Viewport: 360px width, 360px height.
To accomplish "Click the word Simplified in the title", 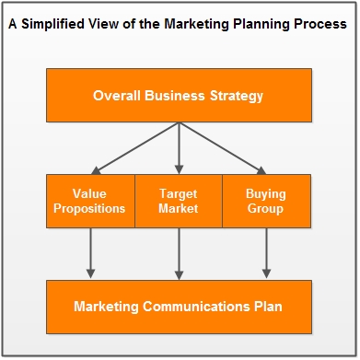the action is [x=52, y=24].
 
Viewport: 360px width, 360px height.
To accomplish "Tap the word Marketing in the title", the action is [x=197, y=24].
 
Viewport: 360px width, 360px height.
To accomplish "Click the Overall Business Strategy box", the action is [x=179, y=95].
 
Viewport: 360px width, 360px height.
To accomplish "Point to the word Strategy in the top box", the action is [x=237, y=96].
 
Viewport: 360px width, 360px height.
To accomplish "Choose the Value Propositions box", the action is [x=90, y=201].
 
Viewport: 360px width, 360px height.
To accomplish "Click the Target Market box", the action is [x=179, y=201].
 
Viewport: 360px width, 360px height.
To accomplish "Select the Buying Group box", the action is [x=266, y=201].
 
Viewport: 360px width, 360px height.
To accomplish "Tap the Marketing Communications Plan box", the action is [x=179, y=307].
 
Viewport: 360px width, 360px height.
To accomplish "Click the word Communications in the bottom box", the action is [x=196, y=307].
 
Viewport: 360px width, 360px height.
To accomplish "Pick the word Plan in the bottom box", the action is [x=268, y=307].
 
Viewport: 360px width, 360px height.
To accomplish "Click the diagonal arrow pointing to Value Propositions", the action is [x=135, y=148].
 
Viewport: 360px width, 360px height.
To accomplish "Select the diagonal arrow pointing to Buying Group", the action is [x=223, y=148].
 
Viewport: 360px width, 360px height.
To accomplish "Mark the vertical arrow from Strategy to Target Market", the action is [x=179, y=148].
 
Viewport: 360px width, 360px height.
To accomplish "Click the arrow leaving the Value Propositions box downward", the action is [x=90, y=253].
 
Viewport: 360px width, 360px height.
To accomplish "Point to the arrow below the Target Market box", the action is [x=179, y=254].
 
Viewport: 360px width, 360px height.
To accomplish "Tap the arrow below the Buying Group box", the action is [x=266, y=253].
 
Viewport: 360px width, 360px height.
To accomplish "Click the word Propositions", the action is [x=89, y=209].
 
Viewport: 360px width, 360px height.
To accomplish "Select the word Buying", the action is [x=266, y=194].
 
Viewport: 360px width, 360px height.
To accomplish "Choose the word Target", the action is [x=179, y=194].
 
